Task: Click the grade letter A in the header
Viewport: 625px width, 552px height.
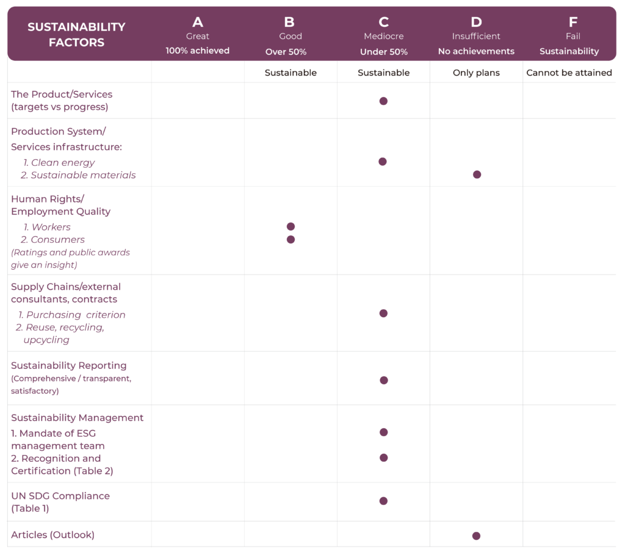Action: click(x=198, y=23)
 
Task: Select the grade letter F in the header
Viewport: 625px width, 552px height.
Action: click(x=573, y=23)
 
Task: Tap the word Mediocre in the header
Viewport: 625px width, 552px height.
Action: click(x=383, y=37)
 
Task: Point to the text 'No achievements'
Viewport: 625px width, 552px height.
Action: click(x=476, y=51)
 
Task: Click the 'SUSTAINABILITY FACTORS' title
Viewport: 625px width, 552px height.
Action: click(x=76, y=35)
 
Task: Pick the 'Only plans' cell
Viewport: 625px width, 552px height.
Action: click(x=476, y=73)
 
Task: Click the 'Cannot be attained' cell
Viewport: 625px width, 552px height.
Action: click(x=569, y=73)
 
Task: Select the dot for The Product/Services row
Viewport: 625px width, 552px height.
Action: click(x=383, y=101)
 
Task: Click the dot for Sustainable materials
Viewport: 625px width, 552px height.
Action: click(x=477, y=174)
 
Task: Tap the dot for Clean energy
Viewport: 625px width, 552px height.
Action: click(x=383, y=162)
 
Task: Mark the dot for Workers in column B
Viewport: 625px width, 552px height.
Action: click(x=291, y=226)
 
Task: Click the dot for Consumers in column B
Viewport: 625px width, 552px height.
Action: click(x=291, y=239)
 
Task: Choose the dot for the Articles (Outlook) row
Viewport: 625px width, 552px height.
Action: click(x=476, y=536)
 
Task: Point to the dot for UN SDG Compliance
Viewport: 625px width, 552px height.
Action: click(x=383, y=501)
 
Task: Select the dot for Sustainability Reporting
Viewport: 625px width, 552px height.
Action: click(x=384, y=380)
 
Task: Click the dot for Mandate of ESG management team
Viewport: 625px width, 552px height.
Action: click(x=384, y=432)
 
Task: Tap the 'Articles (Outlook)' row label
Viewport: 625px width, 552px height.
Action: click(x=53, y=535)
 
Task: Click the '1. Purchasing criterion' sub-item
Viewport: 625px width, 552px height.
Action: click(x=72, y=315)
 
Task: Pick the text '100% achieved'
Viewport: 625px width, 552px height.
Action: click(x=198, y=51)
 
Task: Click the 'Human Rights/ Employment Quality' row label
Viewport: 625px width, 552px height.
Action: click(x=60, y=205)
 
